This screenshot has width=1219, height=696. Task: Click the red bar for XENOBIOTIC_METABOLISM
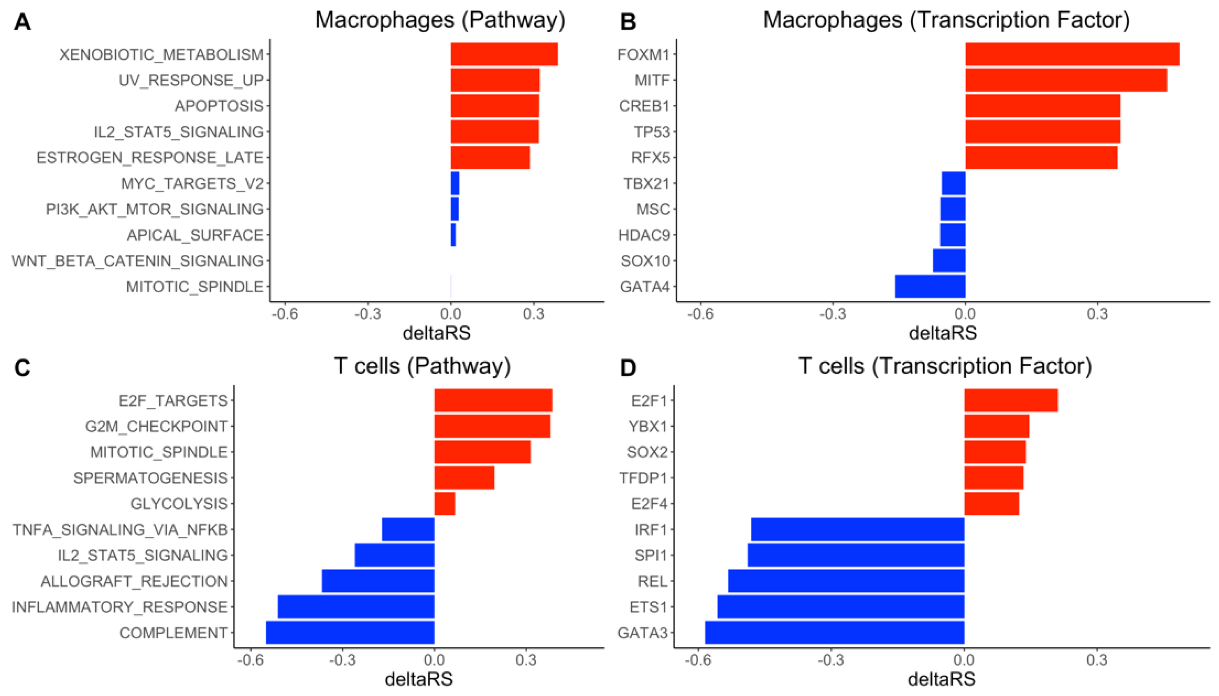(504, 54)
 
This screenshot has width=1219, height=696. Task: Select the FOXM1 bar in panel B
(1072, 54)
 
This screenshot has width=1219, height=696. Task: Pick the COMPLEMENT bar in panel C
(350, 633)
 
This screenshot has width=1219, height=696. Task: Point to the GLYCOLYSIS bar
(444, 503)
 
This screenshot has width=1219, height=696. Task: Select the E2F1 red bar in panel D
(1011, 400)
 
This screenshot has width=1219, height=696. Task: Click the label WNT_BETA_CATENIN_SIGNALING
(138, 260)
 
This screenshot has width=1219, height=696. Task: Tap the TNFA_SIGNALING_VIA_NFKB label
(120, 529)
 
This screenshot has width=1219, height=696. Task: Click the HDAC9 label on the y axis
(644, 235)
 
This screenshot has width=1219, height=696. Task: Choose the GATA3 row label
(642, 633)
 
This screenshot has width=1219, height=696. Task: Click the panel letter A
(23, 22)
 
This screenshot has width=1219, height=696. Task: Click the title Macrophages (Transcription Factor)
(946, 20)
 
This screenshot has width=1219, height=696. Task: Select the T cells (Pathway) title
(422, 366)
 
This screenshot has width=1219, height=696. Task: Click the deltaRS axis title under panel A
(436, 333)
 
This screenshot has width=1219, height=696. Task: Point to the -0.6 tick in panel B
(700, 314)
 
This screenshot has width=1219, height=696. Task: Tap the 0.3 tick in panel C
(526, 660)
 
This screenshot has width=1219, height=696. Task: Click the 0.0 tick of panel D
(964, 660)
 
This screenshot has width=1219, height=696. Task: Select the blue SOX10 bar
(949, 260)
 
